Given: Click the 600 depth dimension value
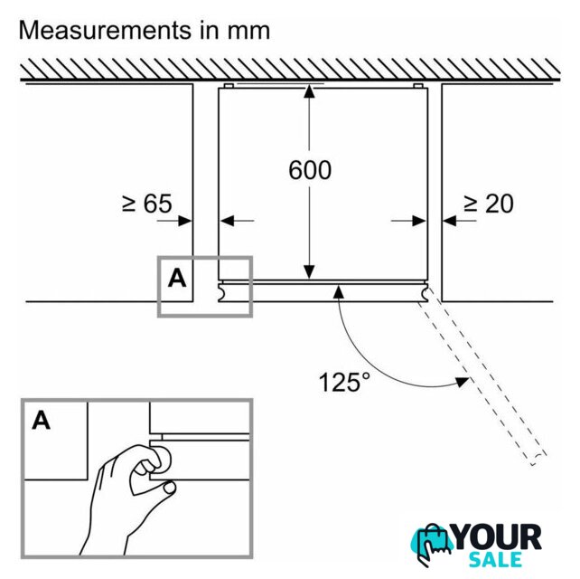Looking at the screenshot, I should tap(310, 169).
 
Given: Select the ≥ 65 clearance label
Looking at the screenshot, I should tap(146, 204).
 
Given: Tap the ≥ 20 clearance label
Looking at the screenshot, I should tap(488, 204).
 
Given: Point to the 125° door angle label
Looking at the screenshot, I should tap(344, 381).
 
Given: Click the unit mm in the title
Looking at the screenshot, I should tap(248, 30).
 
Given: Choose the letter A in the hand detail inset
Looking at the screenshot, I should tap(42, 420).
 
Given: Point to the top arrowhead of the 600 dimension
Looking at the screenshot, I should tap(310, 91).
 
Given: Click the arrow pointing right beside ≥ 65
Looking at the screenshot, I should tap(186, 220).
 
